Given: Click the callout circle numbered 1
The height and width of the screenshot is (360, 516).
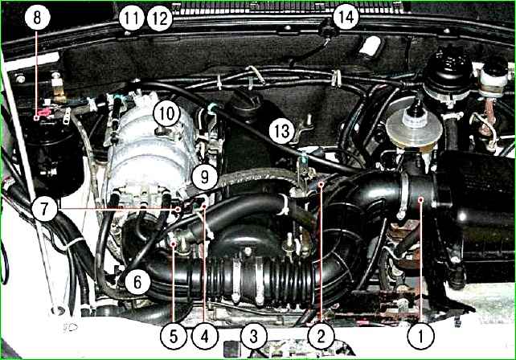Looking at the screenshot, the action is click(420, 336).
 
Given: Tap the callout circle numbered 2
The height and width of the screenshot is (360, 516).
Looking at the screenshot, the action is click(321, 336).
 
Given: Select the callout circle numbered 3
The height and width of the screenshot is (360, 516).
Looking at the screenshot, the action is click(254, 336).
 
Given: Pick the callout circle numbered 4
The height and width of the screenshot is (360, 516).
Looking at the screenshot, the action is click(205, 336).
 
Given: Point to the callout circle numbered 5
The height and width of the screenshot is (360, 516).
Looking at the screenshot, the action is click(174, 336).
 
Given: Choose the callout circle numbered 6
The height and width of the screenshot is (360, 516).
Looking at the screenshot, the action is click(137, 282).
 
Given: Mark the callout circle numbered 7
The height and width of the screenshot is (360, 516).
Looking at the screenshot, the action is click(45, 208).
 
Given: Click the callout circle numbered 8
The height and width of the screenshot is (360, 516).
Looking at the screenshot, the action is click(37, 18).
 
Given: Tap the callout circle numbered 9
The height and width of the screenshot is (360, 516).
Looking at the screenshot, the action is click(204, 177).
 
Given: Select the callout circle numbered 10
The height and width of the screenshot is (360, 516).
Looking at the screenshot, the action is click(167, 113).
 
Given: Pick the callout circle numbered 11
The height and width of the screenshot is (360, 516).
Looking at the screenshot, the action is click(132, 18).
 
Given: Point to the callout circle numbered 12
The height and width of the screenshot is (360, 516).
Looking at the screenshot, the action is click(160, 18).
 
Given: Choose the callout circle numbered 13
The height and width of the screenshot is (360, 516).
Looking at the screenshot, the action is click(282, 131).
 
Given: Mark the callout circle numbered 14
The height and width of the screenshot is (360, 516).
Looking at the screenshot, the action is click(346, 16).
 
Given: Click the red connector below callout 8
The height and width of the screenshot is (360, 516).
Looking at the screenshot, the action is click(43, 113).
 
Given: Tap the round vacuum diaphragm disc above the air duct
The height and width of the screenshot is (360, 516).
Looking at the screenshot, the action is click(414, 129).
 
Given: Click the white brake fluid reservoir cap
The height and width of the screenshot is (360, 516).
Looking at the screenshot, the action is click(493, 75).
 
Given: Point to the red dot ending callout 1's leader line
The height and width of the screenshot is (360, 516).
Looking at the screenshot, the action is click(421, 199).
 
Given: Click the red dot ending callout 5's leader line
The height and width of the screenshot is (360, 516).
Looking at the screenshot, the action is click(174, 243).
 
